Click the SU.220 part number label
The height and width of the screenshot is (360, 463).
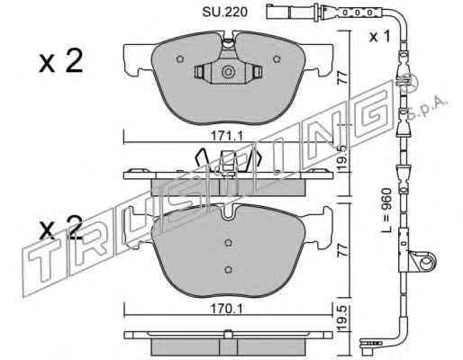(x=225, y=12)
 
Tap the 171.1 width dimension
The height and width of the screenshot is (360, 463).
(x=226, y=137)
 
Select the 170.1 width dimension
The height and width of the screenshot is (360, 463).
(x=226, y=309)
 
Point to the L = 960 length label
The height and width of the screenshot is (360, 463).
(x=386, y=211)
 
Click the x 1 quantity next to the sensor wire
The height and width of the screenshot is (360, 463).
(x=380, y=37)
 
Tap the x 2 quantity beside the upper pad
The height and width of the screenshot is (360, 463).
(x=61, y=61)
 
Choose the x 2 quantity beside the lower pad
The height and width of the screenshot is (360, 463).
(x=61, y=228)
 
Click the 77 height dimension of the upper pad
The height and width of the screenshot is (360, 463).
(x=343, y=77)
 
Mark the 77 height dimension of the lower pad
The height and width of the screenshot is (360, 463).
(x=343, y=249)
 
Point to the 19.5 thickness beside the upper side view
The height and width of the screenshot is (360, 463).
(x=343, y=158)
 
